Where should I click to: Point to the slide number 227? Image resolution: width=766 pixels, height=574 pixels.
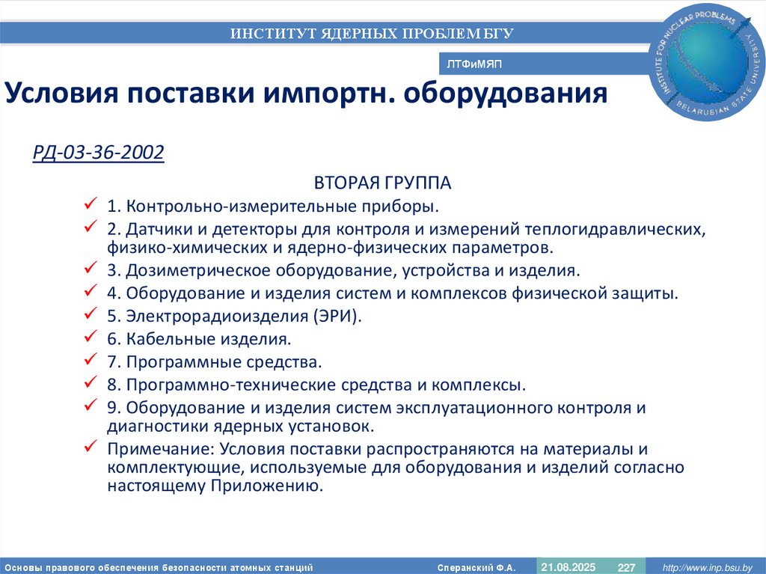pos(625,567)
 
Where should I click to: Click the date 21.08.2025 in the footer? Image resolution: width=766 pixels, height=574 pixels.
pos(568,567)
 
